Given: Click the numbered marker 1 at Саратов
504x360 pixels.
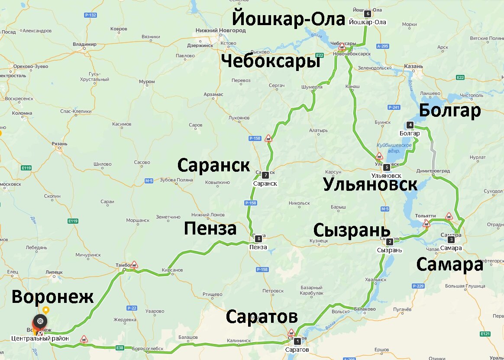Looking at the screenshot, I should pyautogui.click(x=297, y=341).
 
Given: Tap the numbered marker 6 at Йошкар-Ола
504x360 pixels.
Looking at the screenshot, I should pyautogui.click(x=368, y=14).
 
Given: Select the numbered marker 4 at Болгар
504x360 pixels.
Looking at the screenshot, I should pyautogui.click(x=410, y=125).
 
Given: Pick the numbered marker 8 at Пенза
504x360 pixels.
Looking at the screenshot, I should pyautogui.click(x=258, y=238).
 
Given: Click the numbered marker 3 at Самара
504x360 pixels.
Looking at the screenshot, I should pyautogui.click(x=451, y=239).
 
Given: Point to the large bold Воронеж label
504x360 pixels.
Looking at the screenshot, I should pyautogui.click(x=52, y=297).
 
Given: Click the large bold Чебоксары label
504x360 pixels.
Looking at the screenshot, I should pyautogui.click(x=271, y=61).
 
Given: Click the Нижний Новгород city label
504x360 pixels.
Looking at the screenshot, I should pyautogui.click(x=220, y=31).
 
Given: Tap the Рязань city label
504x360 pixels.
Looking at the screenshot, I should pyautogui.click(x=59, y=144).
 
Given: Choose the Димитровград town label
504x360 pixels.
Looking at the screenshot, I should pyautogui.click(x=434, y=171).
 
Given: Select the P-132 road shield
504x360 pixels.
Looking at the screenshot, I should pyautogui.click(x=90, y=15).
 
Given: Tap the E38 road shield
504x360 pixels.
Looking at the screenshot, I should pyautogui.click(x=120, y=347).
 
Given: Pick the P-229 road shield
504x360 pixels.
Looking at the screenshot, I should pyautogui.click(x=418, y=286).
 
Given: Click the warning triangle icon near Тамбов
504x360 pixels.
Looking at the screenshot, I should pyautogui.click(x=135, y=264).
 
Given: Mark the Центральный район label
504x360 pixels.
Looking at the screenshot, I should pyautogui.click(x=40, y=338).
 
